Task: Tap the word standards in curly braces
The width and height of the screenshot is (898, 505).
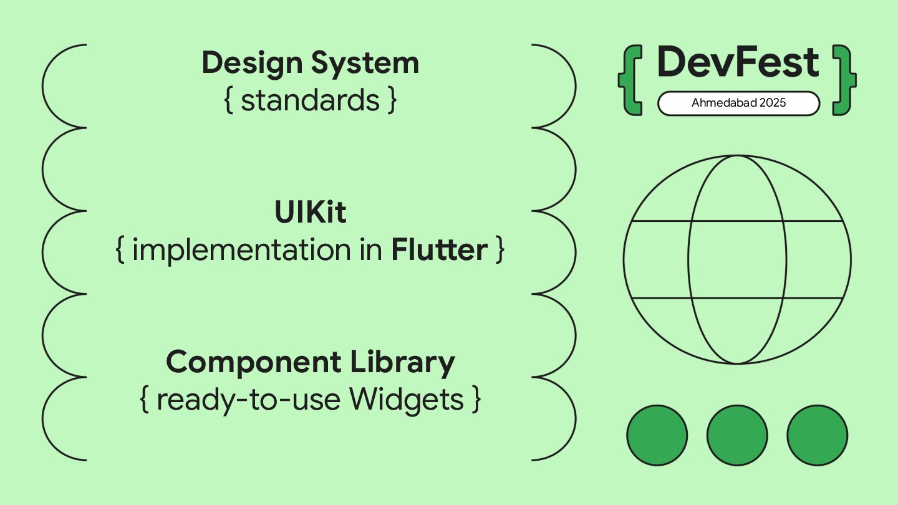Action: [310, 101]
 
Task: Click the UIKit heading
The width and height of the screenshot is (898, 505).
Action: [310, 213]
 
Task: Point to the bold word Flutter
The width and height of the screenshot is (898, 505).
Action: [439, 251]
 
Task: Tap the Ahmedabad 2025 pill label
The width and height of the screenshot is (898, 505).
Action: [738, 103]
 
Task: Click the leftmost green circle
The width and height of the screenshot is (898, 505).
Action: [657, 435]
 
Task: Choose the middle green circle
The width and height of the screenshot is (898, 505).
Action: [737, 435]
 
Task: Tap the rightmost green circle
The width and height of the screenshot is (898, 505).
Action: [817, 435]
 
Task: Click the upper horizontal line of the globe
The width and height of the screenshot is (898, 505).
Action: [661, 221]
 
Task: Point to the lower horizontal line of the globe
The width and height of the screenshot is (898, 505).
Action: [661, 298]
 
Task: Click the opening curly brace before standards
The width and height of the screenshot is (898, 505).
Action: [228, 101]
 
